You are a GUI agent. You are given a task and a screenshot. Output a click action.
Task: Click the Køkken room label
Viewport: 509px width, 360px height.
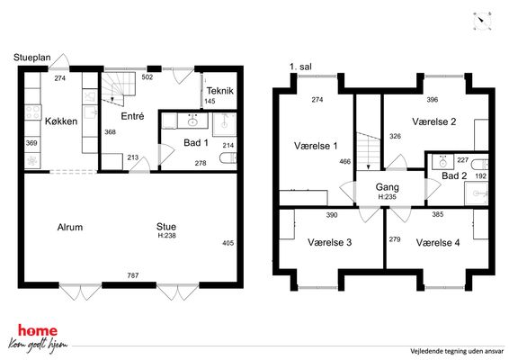pos(61,121)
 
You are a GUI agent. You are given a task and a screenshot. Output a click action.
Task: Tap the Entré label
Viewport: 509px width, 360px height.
pos(132,116)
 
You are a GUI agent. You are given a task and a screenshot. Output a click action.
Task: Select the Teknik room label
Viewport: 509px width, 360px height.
pos(220,91)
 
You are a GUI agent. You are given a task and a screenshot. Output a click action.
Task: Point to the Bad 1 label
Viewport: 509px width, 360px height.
pos(196,142)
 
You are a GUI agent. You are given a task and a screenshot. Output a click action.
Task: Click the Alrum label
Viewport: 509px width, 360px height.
pos(70,227)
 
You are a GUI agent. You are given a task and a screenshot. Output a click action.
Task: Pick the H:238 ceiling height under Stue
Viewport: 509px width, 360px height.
pos(167,236)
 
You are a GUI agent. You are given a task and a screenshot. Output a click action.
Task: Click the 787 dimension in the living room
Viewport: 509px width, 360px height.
pos(133,275)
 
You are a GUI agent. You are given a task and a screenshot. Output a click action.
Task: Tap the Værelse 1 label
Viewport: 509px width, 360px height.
pos(316,146)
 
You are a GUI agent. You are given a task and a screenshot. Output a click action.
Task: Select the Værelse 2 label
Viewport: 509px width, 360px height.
pos(434,121)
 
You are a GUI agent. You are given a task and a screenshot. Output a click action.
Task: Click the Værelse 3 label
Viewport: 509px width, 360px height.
pos(329,242)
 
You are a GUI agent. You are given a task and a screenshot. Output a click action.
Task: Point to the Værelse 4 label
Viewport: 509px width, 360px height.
pos(438,243)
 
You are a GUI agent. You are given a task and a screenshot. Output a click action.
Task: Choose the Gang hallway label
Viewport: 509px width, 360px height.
pos(388,187)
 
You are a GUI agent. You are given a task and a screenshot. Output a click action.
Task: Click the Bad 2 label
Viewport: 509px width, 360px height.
pos(454,176)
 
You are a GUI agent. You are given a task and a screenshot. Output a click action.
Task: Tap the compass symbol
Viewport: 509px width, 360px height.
pos(482,22)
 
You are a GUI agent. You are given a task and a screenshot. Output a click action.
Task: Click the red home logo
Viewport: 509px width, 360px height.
pos(38,331)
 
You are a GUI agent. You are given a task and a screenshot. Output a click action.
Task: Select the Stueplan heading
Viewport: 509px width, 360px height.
pos(32,58)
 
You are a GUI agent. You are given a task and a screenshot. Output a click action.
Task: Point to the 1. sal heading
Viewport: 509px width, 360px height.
pos(300,67)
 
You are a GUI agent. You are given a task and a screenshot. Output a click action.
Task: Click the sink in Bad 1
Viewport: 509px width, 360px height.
pos(192,121)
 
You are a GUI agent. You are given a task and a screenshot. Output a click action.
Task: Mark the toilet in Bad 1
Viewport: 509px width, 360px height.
pos(228,158)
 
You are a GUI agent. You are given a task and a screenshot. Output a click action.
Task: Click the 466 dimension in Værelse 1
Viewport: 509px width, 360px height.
pos(344,161)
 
